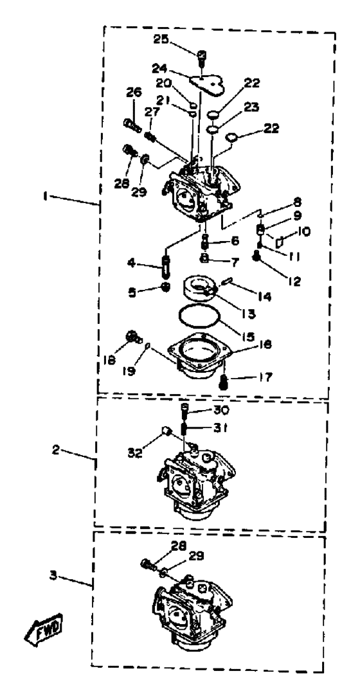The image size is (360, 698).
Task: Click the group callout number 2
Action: pyautogui.click(x=56, y=451)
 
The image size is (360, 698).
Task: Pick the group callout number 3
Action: pyautogui.click(x=53, y=576)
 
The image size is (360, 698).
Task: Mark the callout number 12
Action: pyautogui.click(x=294, y=282)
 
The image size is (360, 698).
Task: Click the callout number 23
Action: pyautogui.click(x=251, y=107)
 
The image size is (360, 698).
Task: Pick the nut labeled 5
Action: pyautogui.click(x=166, y=287)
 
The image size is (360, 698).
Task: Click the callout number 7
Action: pyautogui.click(x=234, y=259)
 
